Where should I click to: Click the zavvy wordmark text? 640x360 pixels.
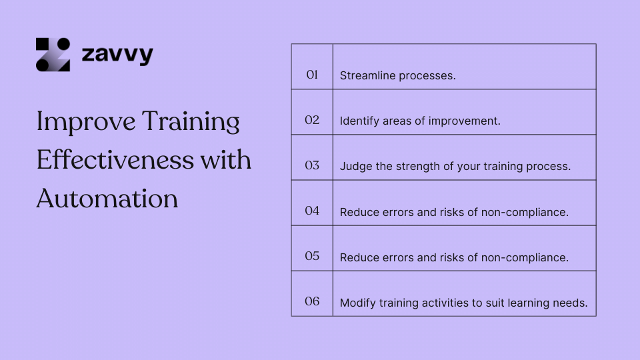[x=117, y=55]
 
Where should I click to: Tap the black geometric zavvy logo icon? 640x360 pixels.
[x=53, y=55]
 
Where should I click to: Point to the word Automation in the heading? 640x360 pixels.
[x=107, y=199]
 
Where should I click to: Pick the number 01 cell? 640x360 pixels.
[x=312, y=75]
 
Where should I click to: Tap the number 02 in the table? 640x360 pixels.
[x=312, y=120]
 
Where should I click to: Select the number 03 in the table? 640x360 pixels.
[x=312, y=165]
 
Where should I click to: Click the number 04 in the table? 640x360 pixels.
[x=312, y=211]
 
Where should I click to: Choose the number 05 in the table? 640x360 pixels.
[x=312, y=256]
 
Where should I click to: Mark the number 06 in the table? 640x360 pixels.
[x=312, y=301]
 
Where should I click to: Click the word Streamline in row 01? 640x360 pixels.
[x=367, y=75]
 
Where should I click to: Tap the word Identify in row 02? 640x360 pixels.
[x=359, y=121]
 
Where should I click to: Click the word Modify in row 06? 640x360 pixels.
[x=357, y=303]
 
